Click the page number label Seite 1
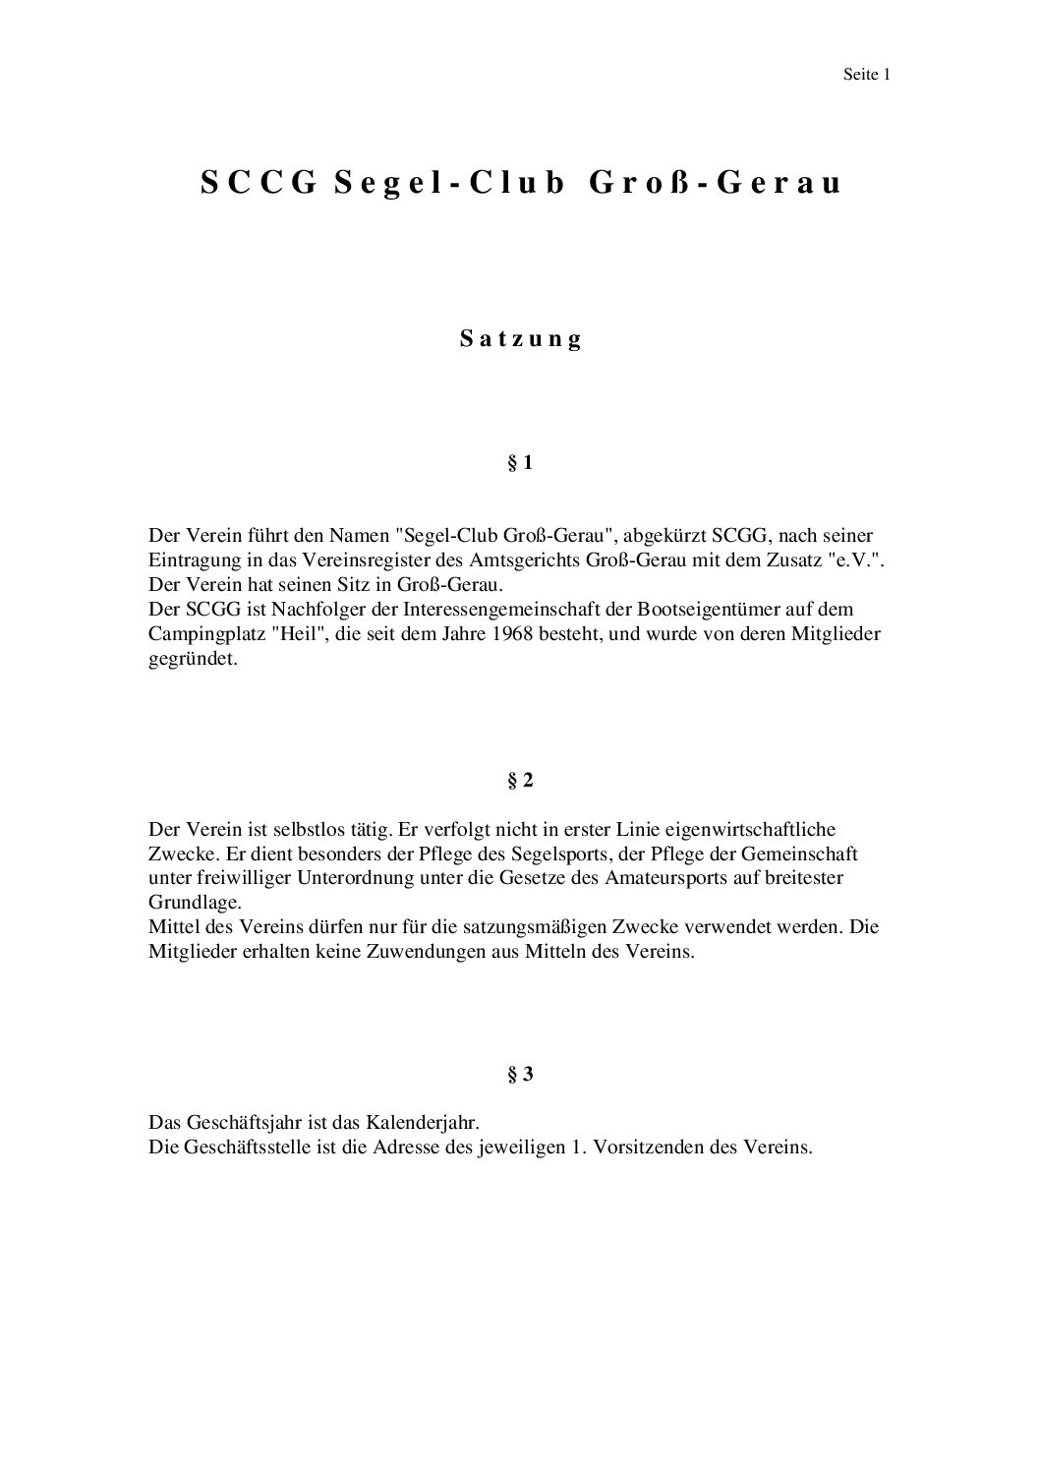tap(866, 74)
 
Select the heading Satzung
tap(521, 339)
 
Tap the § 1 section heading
tap(520, 463)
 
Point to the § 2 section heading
tap(520, 781)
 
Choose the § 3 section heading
tap(520, 1075)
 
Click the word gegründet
tap(193, 660)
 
